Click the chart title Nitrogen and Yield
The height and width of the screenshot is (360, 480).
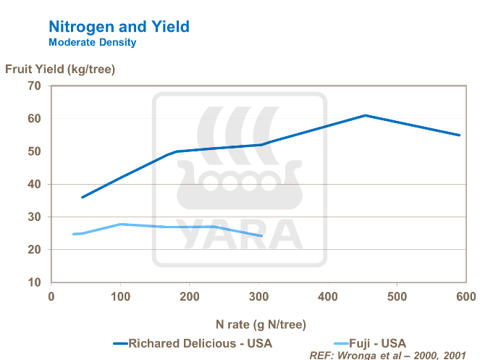[x=119, y=27]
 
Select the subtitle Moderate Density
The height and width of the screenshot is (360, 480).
[x=92, y=43]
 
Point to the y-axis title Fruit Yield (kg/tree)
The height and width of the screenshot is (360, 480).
[x=61, y=70]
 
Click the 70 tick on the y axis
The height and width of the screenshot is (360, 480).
[x=33, y=86]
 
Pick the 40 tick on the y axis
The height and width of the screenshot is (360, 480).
[x=33, y=184]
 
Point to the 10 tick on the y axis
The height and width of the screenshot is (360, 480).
[x=33, y=282]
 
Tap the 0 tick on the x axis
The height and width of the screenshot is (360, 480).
[x=51, y=297]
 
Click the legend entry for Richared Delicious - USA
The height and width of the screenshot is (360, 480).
[x=193, y=343]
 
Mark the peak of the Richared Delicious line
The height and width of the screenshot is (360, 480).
[x=366, y=115]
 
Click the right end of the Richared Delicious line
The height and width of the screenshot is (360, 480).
[x=460, y=135]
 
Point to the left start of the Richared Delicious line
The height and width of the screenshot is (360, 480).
[x=82, y=197]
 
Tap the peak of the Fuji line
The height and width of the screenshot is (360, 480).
[x=121, y=224]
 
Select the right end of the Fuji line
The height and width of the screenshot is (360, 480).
[x=262, y=236]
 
